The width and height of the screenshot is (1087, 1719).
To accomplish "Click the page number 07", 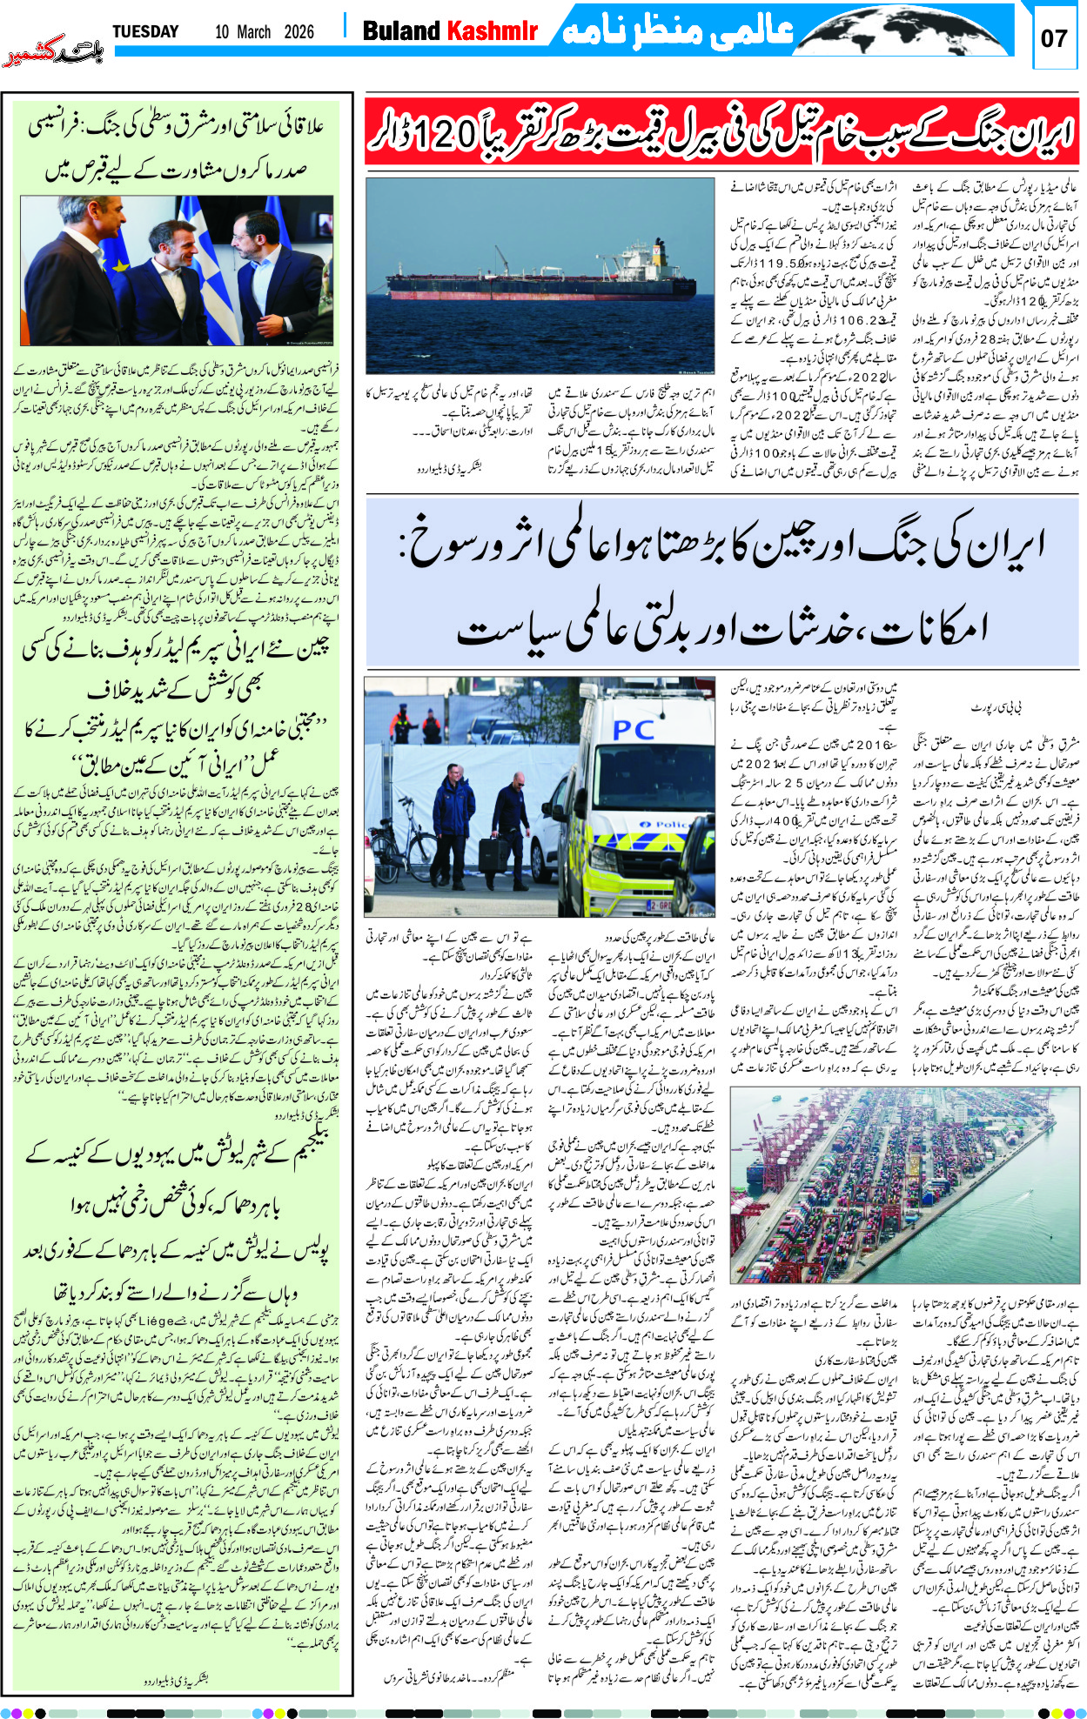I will tap(1054, 38).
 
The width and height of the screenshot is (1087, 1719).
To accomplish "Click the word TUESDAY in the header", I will tap(145, 32).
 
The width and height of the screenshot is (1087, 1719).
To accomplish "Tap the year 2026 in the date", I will tap(299, 32).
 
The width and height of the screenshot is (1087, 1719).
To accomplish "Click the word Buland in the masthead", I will tap(401, 31).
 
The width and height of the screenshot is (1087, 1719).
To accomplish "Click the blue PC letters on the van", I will tap(634, 730).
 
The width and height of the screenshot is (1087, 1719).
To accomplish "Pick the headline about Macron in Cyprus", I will tap(178, 147).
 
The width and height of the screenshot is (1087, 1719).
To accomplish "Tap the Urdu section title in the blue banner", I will tap(678, 32).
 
